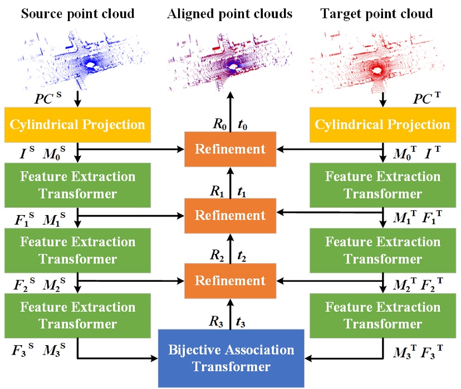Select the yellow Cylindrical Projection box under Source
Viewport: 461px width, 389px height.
pyautogui.click(x=77, y=124)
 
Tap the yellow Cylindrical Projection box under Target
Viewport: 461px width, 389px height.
pyautogui.click(x=382, y=124)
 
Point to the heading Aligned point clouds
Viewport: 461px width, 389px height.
pyautogui.click(x=230, y=13)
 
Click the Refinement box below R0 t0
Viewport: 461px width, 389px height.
pyautogui.click(x=230, y=149)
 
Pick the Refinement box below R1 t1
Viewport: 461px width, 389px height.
pyautogui.click(x=230, y=215)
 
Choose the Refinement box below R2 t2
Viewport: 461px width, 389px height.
pyautogui.click(x=230, y=281)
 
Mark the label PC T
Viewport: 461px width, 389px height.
pyautogui.click(x=427, y=101)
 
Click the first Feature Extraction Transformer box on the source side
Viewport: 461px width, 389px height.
pyautogui.click(x=77, y=185)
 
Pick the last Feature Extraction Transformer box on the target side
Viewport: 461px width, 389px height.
pyautogui.click(x=382, y=315)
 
